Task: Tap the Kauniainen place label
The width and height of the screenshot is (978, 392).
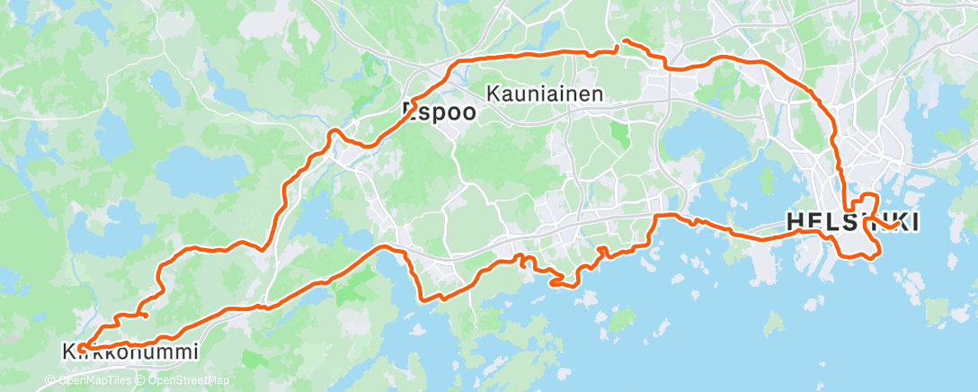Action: coord(545,93)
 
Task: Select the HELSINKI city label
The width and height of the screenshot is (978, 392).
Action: coord(852,221)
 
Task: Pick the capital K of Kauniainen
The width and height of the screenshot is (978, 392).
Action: coord(493,93)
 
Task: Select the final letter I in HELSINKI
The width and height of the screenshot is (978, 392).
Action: coord(913,221)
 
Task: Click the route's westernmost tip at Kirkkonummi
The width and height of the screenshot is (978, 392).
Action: coord(80,346)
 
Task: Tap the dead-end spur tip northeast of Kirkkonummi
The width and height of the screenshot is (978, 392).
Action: coord(146,315)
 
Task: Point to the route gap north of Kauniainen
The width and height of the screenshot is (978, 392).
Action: coord(619,46)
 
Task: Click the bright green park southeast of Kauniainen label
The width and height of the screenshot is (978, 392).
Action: coord(618,134)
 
